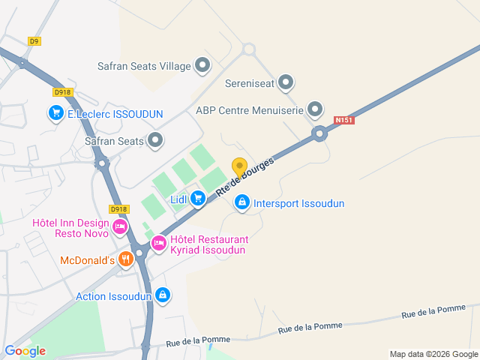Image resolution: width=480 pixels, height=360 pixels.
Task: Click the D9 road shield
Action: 34,41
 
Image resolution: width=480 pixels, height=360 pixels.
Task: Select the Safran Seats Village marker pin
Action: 202,66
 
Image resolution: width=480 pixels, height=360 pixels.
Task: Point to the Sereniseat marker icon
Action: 286,82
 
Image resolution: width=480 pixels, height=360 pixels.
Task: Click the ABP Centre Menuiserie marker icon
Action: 316,110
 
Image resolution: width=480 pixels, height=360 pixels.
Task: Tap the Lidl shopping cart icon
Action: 198,198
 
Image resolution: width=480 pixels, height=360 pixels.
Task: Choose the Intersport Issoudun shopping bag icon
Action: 242,202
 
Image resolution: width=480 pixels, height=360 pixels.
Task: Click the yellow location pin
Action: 239,167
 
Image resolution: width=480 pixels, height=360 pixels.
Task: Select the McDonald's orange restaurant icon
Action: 125,260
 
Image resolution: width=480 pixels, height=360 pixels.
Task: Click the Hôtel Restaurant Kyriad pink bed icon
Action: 159,243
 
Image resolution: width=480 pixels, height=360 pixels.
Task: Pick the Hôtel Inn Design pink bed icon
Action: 119,223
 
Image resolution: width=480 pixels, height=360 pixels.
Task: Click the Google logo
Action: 25,351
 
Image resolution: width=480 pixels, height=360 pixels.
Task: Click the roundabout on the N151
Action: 320,135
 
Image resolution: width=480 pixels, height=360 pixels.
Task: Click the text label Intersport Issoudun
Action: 298,203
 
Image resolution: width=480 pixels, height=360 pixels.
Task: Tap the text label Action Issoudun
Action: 113,296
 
